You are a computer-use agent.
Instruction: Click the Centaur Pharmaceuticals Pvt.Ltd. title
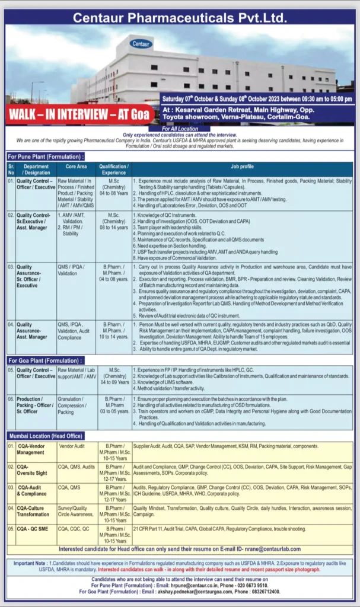point(180,17)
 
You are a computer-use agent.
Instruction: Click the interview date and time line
point(257,99)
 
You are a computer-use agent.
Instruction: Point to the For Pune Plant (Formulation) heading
point(46,156)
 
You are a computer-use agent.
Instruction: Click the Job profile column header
point(242,167)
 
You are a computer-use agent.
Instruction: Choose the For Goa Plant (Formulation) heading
point(45,360)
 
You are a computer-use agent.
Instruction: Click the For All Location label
point(180,128)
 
